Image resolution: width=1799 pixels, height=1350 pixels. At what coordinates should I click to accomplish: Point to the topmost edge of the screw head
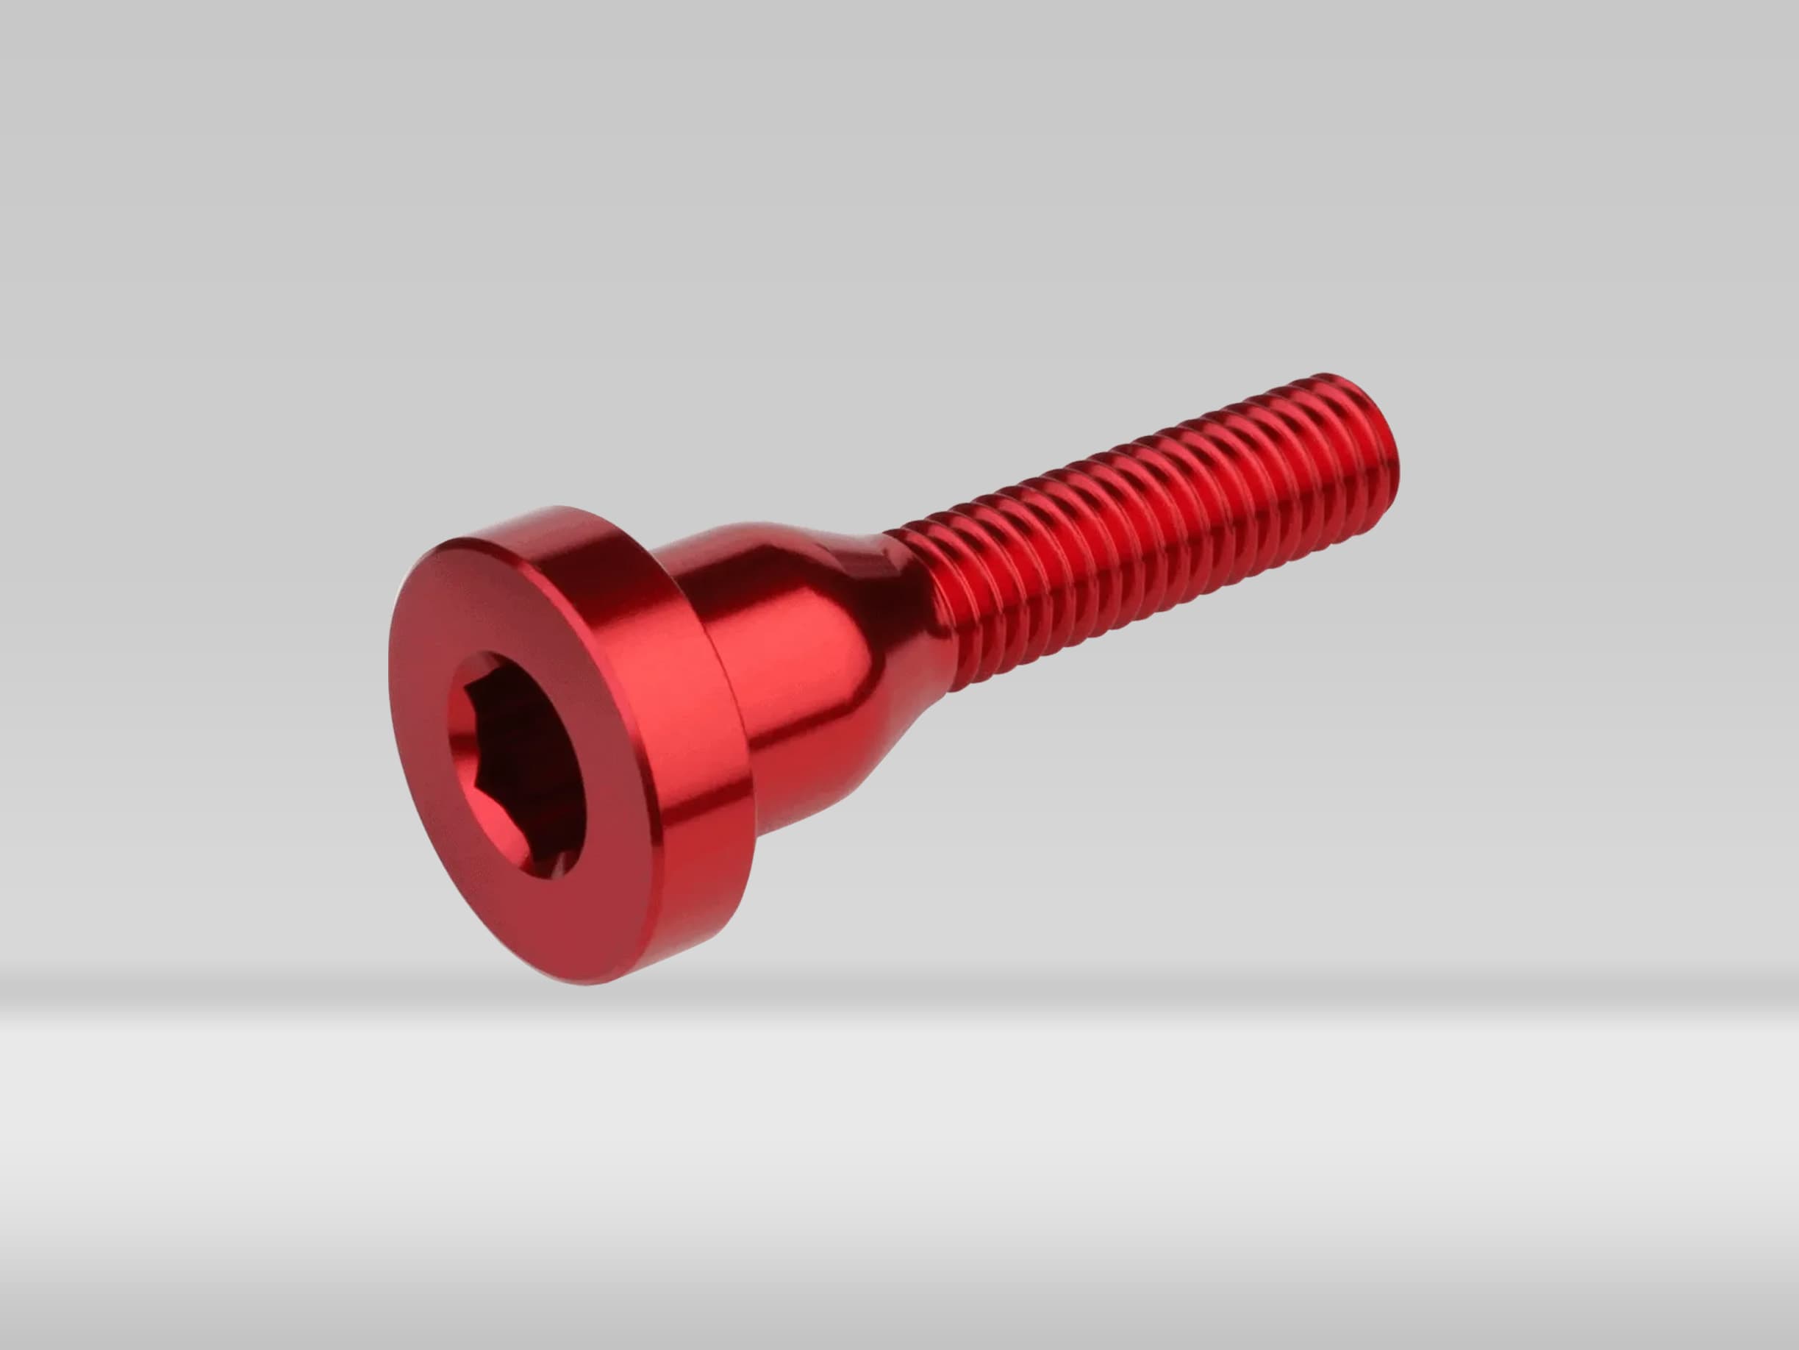pos(553,509)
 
